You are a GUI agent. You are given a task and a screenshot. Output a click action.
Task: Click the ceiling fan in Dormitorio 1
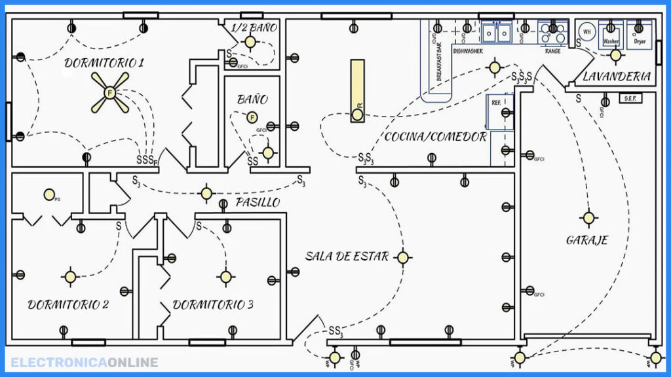[110, 92]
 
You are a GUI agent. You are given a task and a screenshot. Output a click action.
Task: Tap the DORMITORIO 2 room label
[68, 304]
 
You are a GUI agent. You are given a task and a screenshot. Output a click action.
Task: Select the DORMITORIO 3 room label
[213, 304]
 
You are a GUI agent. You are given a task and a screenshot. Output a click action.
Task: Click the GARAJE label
[587, 240]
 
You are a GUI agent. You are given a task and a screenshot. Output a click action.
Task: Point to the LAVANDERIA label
[617, 77]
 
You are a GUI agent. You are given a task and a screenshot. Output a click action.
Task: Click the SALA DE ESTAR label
[347, 256]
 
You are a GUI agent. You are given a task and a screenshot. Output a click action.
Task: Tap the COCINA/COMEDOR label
[435, 137]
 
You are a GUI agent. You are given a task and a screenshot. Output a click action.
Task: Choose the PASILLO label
[258, 202]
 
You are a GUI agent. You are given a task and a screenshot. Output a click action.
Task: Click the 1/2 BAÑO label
[254, 27]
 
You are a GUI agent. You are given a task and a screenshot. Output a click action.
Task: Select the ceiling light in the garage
[588, 217]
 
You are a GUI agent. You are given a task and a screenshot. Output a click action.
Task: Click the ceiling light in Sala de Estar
[403, 257]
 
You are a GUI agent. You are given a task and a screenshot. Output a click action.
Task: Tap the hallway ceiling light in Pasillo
[206, 193]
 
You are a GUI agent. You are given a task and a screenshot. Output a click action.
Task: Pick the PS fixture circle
[48, 194]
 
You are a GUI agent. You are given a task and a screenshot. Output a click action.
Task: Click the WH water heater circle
[587, 31]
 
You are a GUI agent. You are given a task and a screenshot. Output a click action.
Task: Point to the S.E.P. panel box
[631, 98]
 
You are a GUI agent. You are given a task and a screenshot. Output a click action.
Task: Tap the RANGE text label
[553, 50]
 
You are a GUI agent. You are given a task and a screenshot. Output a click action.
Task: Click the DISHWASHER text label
[468, 50]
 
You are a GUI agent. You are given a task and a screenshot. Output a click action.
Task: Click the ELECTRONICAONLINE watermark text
[85, 362]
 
